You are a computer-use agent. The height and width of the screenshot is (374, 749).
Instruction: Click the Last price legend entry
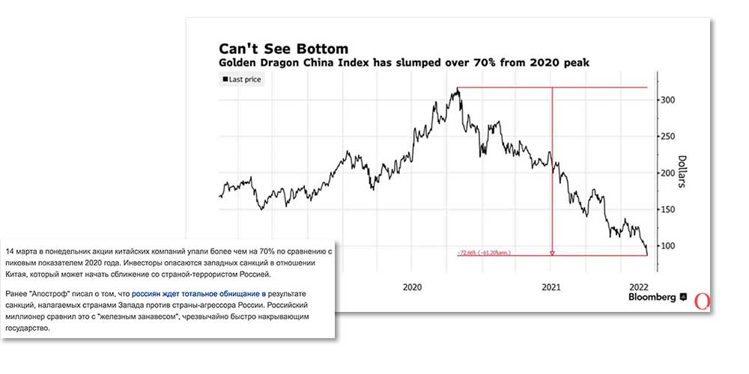click(x=241, y=79)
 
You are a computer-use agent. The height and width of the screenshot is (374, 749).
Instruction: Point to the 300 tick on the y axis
click(x=669, y=100)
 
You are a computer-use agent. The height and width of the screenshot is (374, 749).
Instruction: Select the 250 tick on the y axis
click(x=669, y=137)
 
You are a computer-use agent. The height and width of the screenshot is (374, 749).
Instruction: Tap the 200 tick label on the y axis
click(x=669, y=174)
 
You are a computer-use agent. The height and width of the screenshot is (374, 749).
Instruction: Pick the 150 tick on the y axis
click(x=669, y=209)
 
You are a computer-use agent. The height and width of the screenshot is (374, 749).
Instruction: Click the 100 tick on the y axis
click(x=669, y=246)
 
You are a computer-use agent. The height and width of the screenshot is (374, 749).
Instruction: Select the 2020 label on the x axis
click(x=414, y=286)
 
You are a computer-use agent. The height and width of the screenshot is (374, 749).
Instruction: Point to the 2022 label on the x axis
click(x=639, y=286)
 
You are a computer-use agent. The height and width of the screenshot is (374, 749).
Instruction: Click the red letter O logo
click(x=702, y=301)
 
